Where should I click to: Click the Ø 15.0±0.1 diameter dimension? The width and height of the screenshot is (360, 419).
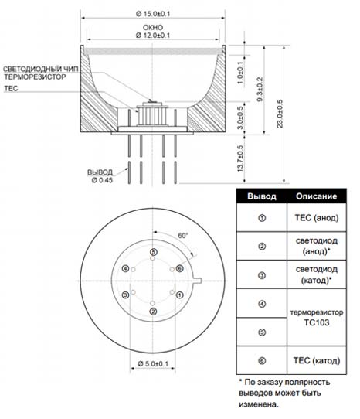coord(153,14)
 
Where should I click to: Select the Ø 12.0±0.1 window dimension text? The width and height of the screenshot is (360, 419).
coord(153,36)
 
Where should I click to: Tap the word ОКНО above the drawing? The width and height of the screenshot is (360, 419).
coord(153,28)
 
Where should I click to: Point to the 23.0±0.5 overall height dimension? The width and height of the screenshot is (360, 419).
coord(280,114)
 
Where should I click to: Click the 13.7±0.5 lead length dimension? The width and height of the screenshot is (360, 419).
coord(240,158)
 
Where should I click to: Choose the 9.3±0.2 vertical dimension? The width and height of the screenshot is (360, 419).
coord(260,89)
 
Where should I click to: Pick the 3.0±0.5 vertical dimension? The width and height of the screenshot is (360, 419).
coord(240,118)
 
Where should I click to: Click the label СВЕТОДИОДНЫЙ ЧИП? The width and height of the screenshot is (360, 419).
coord(41,70)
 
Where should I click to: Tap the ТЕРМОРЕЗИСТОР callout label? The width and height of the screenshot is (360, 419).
coord(35,77)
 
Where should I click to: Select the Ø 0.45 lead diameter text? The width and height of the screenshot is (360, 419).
coord(102,180)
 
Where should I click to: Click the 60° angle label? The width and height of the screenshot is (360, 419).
coord(183,236)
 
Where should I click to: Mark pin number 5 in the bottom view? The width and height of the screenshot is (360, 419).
coord(153,252)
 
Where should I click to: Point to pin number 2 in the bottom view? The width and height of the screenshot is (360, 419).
coord(153,312)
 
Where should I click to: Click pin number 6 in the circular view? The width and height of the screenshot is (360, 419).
coord(180,268)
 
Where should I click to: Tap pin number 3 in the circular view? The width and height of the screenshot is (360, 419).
coord(125,295)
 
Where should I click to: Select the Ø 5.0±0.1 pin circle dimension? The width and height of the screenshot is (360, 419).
coord(153,363)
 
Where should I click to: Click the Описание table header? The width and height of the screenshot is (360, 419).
coord(316,196)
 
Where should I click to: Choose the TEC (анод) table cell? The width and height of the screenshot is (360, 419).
coord(317,218)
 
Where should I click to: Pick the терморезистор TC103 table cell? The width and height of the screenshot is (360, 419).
coord(317,317)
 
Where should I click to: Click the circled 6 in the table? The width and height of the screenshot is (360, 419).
coord(262,361)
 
